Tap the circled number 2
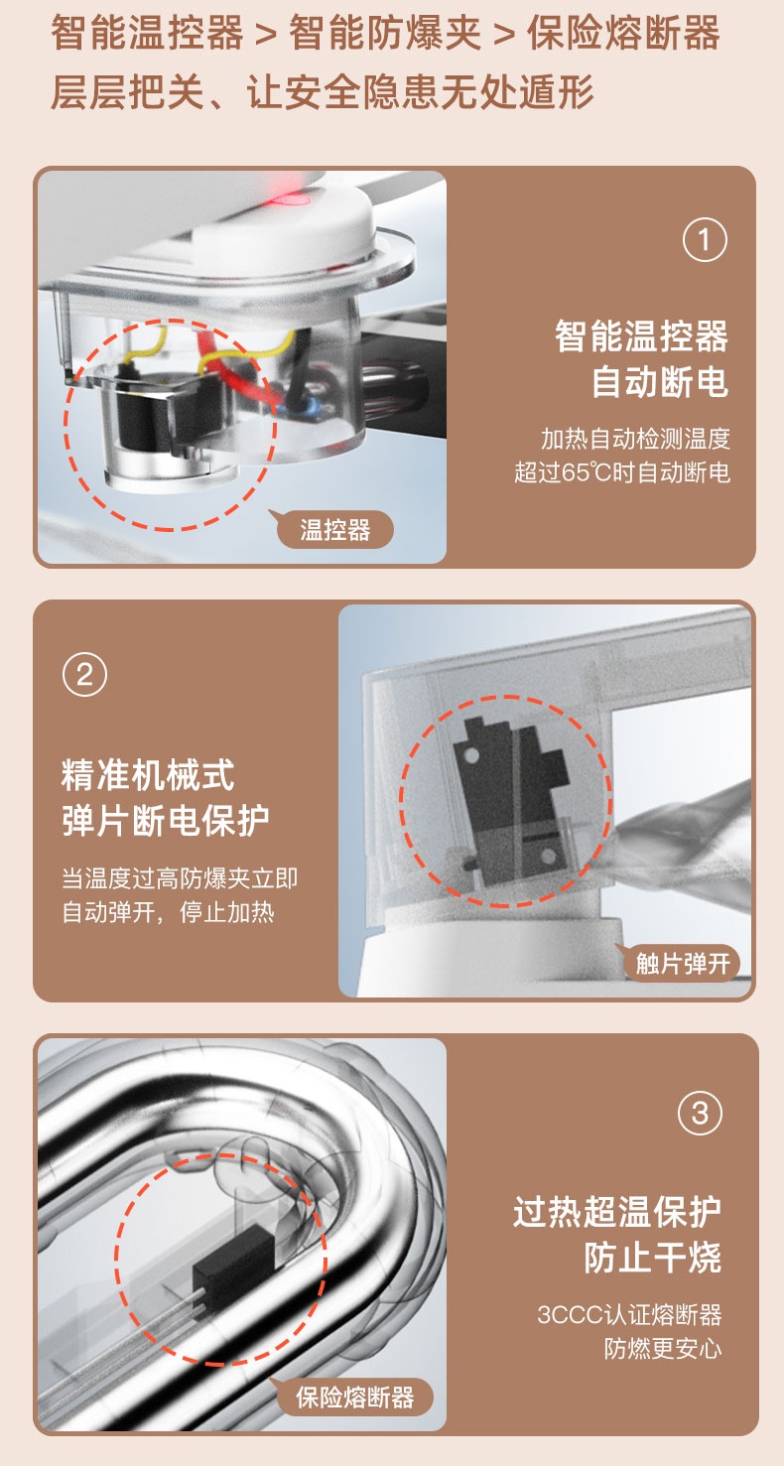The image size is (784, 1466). click(84, 674)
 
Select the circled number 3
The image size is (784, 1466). click(700, 1113)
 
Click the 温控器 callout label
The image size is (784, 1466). click(335, 529)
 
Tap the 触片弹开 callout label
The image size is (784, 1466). click(682, 963)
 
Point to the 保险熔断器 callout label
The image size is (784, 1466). click(354, 1398)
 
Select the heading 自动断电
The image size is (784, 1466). click(660, 381)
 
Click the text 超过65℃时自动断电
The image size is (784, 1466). click(621, 471)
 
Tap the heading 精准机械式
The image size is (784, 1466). click(148, 774)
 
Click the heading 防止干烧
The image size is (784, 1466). click(652, 1257)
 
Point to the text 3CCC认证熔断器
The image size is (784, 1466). click(629, 1314)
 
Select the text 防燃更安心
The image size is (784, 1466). click(663, 1348)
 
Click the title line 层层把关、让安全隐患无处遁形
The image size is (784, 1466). click(323, 91)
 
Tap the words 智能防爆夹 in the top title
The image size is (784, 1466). click(385, 33)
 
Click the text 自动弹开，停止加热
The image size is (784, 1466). click(168, 912)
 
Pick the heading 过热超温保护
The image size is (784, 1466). click(617, 1212)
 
